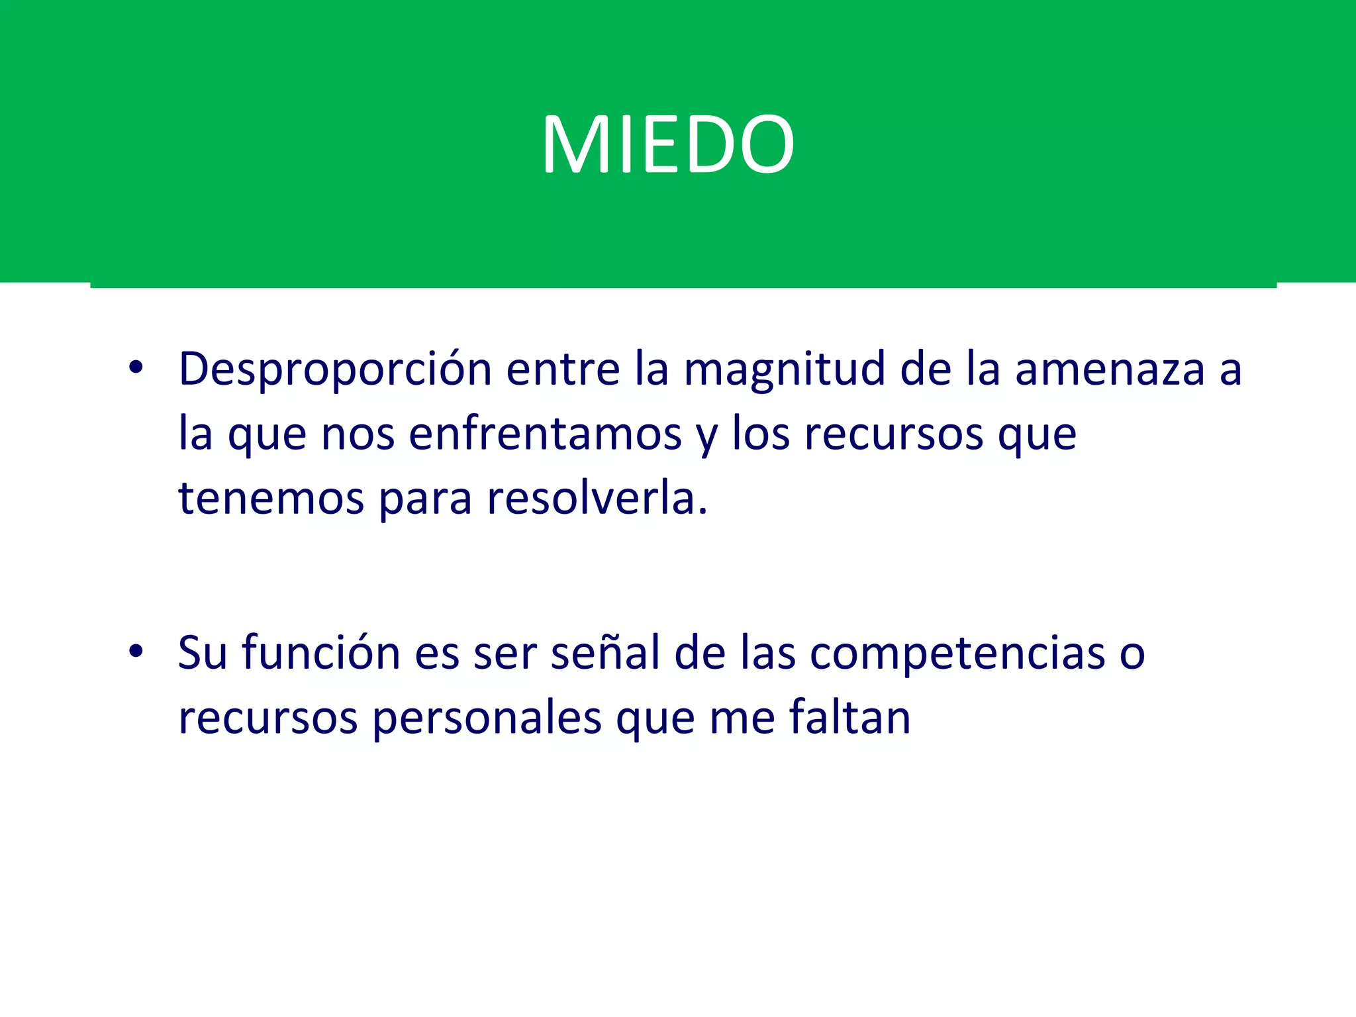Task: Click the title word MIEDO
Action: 668,144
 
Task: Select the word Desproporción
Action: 335,369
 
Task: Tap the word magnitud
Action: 784,369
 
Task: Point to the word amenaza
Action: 1110,369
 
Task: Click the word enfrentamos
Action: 545,434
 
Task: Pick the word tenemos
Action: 271,498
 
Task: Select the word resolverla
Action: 597,498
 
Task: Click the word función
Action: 320,653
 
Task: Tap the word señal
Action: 605,653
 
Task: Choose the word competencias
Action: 957,653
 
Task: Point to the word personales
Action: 487,719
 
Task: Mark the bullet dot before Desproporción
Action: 136,368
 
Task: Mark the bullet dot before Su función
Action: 136,652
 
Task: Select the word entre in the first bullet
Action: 562,369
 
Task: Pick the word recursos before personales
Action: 267,719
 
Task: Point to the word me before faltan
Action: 742,719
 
